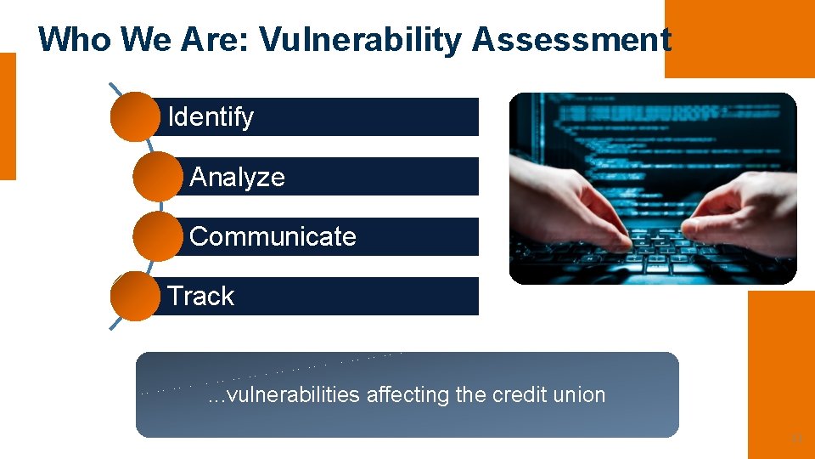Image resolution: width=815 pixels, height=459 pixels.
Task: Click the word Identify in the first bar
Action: [x=211, y=117]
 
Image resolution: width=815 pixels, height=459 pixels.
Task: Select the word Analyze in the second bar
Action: [x=237, y=177]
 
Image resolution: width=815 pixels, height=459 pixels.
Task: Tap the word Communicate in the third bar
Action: [x=273, y=236]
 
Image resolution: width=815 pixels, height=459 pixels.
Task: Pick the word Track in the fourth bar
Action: [x=200, y=296]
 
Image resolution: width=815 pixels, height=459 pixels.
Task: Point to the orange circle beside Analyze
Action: [x=157, y=177]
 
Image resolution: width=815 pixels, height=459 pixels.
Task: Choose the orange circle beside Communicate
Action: [x=157, y=236]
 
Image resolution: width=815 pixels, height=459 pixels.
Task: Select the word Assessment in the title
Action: [x=571, y=40]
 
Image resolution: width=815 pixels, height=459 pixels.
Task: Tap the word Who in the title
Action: [x=75, y=40]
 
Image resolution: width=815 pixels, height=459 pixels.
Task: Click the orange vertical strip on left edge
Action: [x=8, y=116]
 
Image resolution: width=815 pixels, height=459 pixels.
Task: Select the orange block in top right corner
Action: [x=739, y=38]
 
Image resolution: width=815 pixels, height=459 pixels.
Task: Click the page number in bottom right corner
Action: [x=796, y=439]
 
